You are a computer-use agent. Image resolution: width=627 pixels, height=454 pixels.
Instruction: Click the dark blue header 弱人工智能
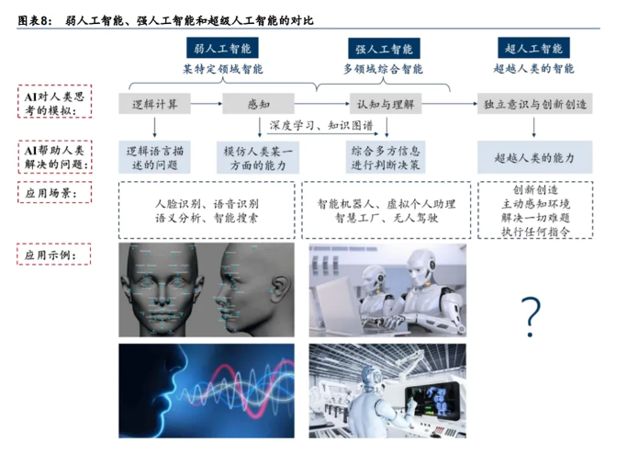222,48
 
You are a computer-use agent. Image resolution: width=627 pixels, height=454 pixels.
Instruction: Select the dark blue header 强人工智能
384,49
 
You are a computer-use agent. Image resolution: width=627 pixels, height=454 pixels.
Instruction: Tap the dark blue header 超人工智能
533,48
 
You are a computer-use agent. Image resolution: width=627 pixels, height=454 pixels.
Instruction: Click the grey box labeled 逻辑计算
155,104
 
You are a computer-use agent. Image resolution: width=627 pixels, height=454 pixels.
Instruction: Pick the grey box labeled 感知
258,104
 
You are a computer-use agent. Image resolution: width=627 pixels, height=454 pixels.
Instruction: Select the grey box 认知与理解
386,104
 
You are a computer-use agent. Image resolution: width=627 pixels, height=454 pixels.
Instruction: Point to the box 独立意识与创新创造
534,104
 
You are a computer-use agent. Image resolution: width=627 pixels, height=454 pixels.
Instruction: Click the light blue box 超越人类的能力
534,157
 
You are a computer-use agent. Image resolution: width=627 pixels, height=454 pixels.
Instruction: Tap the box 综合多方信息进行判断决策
386,157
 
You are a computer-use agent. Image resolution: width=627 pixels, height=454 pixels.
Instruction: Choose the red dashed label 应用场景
54,193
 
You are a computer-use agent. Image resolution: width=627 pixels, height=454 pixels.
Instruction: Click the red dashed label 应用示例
54,255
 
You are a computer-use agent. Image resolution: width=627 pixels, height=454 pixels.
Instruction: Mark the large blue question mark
531,316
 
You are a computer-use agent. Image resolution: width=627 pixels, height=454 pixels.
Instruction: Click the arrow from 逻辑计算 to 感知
207,104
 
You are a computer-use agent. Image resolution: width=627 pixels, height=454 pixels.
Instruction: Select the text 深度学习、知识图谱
321,125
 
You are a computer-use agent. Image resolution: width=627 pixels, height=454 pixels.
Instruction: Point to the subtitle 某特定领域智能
223,69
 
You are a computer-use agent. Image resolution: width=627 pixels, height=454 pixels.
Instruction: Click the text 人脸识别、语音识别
207,204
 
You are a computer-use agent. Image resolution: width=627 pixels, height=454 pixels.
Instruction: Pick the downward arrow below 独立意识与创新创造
534,128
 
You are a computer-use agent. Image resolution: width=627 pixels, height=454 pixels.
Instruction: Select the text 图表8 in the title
34,20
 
